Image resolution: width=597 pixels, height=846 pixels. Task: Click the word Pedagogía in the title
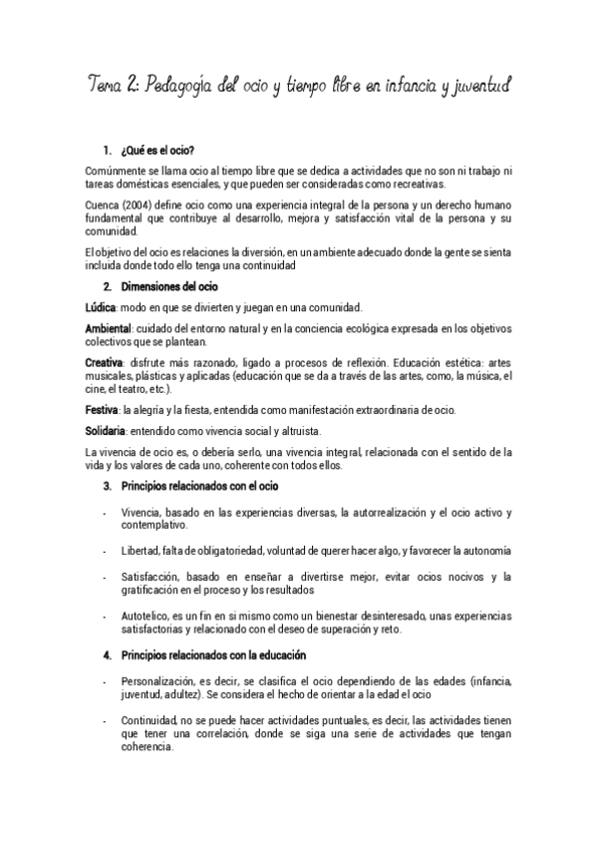[180, 86]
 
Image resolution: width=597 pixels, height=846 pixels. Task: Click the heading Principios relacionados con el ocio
[199, 486]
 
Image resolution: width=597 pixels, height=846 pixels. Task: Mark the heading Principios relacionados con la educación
[212, 654]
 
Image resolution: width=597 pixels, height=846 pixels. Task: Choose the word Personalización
[157, 680]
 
